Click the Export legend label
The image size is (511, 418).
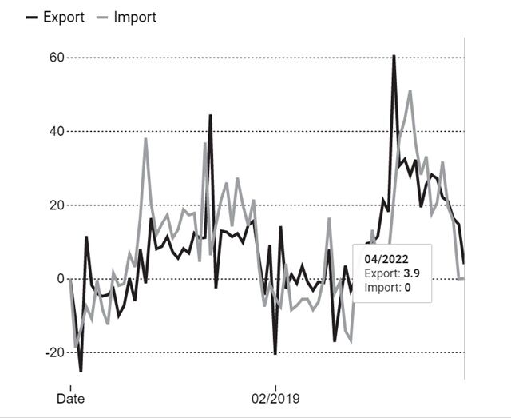coord(63,17)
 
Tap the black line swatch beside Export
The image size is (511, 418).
coord(32,17)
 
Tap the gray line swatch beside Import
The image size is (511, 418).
coord(102,17)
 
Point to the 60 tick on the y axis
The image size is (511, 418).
coord(56,58)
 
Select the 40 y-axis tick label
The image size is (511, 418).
coord(56,131)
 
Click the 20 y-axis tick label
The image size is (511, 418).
coord(56,205)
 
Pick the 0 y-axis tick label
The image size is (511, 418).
coord(59,279)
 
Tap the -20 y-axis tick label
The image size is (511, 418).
coord(53,352)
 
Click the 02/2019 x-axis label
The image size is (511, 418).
coord(275,397)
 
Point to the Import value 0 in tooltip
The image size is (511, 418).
coord(407,287)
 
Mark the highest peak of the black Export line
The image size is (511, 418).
coord(394,56)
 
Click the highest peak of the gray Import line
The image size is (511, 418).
coord(410,91)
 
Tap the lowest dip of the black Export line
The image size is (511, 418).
coord(81,371)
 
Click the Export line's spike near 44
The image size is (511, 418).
coord(210,116)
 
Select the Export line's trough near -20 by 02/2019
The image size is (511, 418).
coord(275,353)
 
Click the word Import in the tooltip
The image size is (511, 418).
coord(382,287)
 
